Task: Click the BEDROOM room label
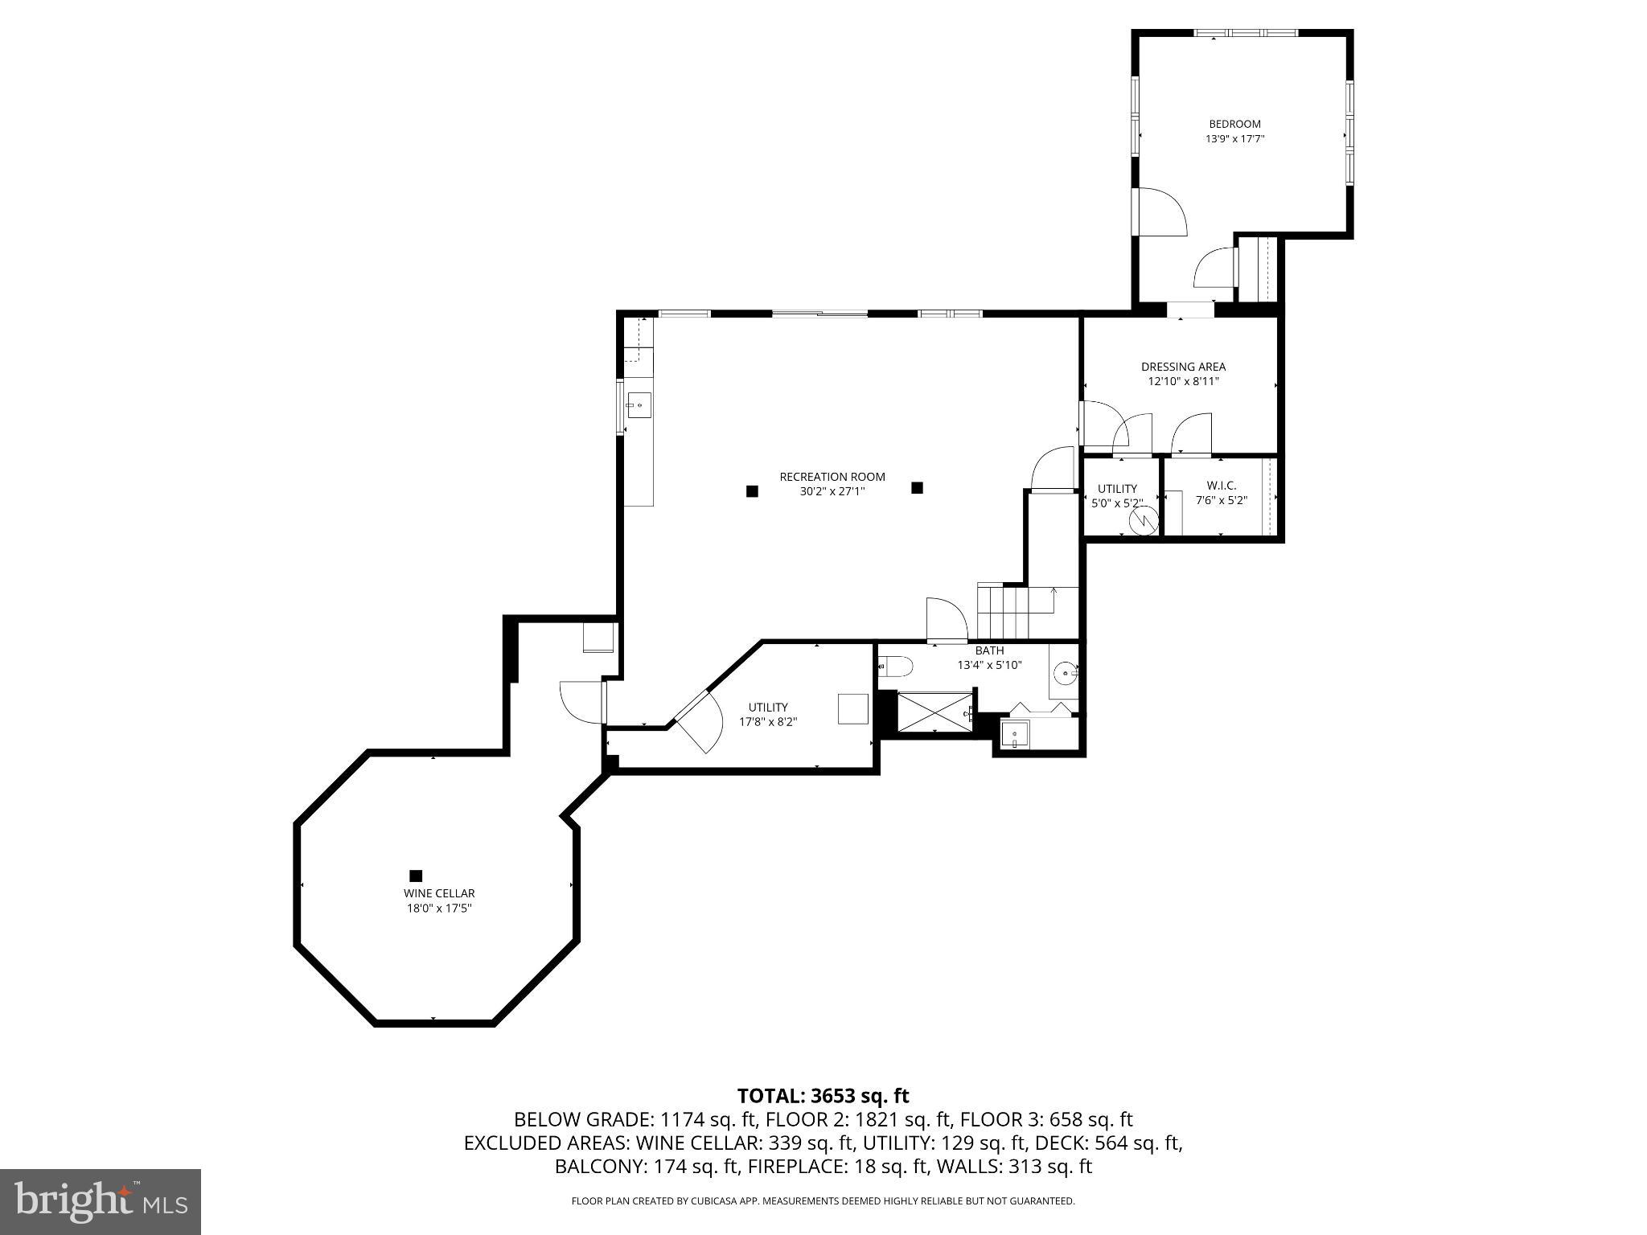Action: pyautogui.click(x=1234, y=124)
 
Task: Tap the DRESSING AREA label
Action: pyautogui.click(x=1183, y=367)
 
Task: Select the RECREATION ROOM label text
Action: pyautogui.click(x=832, y=477)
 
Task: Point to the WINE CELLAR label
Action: pyautogui.click(x=439, y=893)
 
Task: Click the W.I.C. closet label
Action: pyautogui.click(x=1221, y=486)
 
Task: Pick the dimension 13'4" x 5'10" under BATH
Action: pyautogui.click(x=989, y=665)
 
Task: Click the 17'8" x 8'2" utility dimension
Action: pyautogui.click(x=768, y=722)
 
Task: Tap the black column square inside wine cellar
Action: pyautogui.click(x=416, y=876)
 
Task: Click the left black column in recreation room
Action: pyautogui.click(x=752, y=491)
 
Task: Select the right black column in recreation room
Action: pyautogui.click(x=917, y=487)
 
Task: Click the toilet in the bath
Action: pyautogui.click(x=896, y=667)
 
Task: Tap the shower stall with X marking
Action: pyautogui.click(x=934, y=712)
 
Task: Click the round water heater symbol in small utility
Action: pyautogui.click(x=1140, y=522)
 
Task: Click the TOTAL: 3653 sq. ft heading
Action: pyautogui.click(x=823, y=1096)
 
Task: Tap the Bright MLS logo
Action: pyautogui.click(x=101, y=1201)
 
